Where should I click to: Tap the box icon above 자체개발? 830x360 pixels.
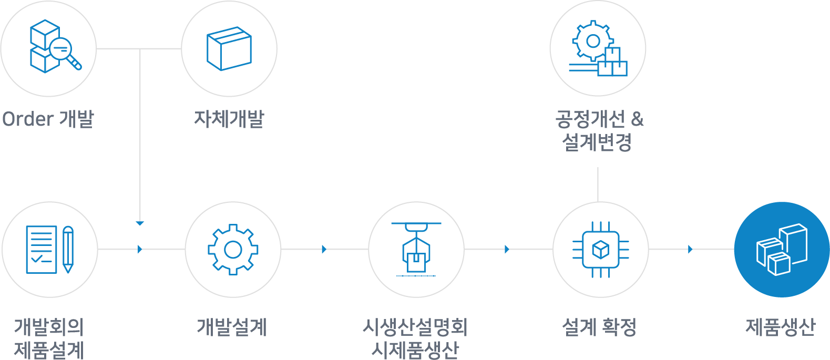pos(229,48)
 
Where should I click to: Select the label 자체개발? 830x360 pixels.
pos(229,119)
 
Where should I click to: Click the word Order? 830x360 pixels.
pos(28,119)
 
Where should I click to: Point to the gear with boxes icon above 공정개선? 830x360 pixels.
pos(598,48)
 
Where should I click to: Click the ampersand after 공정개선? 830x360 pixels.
pos(637,119)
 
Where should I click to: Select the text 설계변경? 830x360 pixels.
pos(597,142)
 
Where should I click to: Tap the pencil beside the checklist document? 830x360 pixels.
pos(68,249)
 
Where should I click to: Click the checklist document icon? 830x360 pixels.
pos(42,250)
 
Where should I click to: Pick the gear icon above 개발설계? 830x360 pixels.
pos(233,250)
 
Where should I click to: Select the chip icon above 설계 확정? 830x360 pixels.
pos(601,250)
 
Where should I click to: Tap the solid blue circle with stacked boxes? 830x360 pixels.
pos(782,250)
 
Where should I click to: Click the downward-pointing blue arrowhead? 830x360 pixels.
pos(140,223)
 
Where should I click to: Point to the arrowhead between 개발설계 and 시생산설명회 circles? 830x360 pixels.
pos(324,249)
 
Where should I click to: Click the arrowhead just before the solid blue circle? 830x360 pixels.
pos(690,249)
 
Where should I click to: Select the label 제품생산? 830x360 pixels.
pos(781,327)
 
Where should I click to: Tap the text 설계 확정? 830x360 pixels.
pos(599,327)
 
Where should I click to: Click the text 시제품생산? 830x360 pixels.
pos(415,350)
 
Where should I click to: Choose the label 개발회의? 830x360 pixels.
pos(49,327)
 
